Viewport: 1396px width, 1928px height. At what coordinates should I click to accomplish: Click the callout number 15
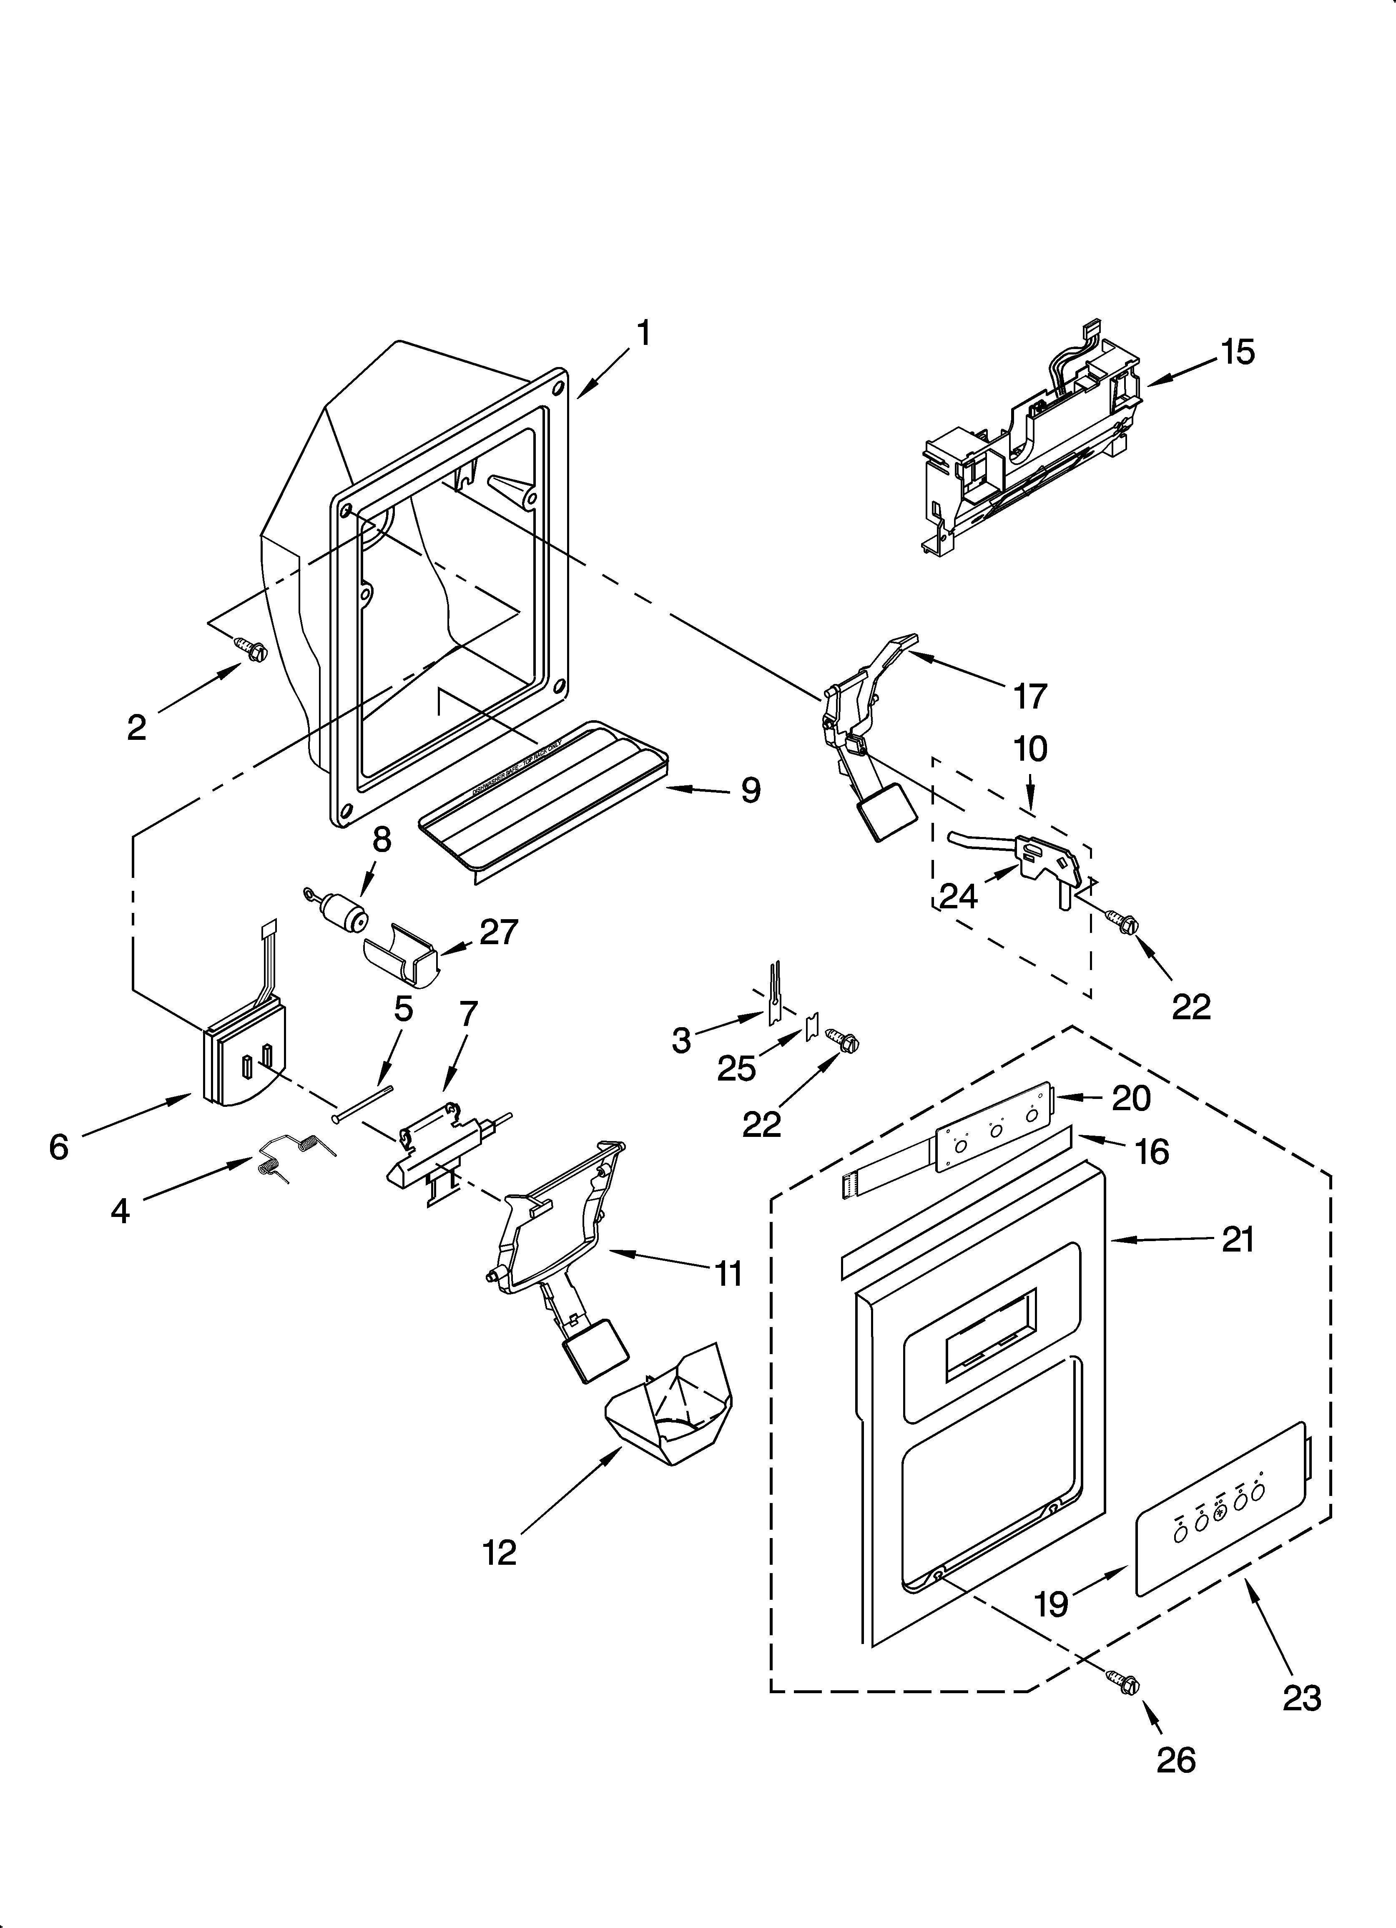coord(1238,352)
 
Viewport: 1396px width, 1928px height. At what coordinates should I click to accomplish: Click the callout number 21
coord(1238,1240)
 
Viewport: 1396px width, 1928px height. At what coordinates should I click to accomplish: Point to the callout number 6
coord(58,1148)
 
